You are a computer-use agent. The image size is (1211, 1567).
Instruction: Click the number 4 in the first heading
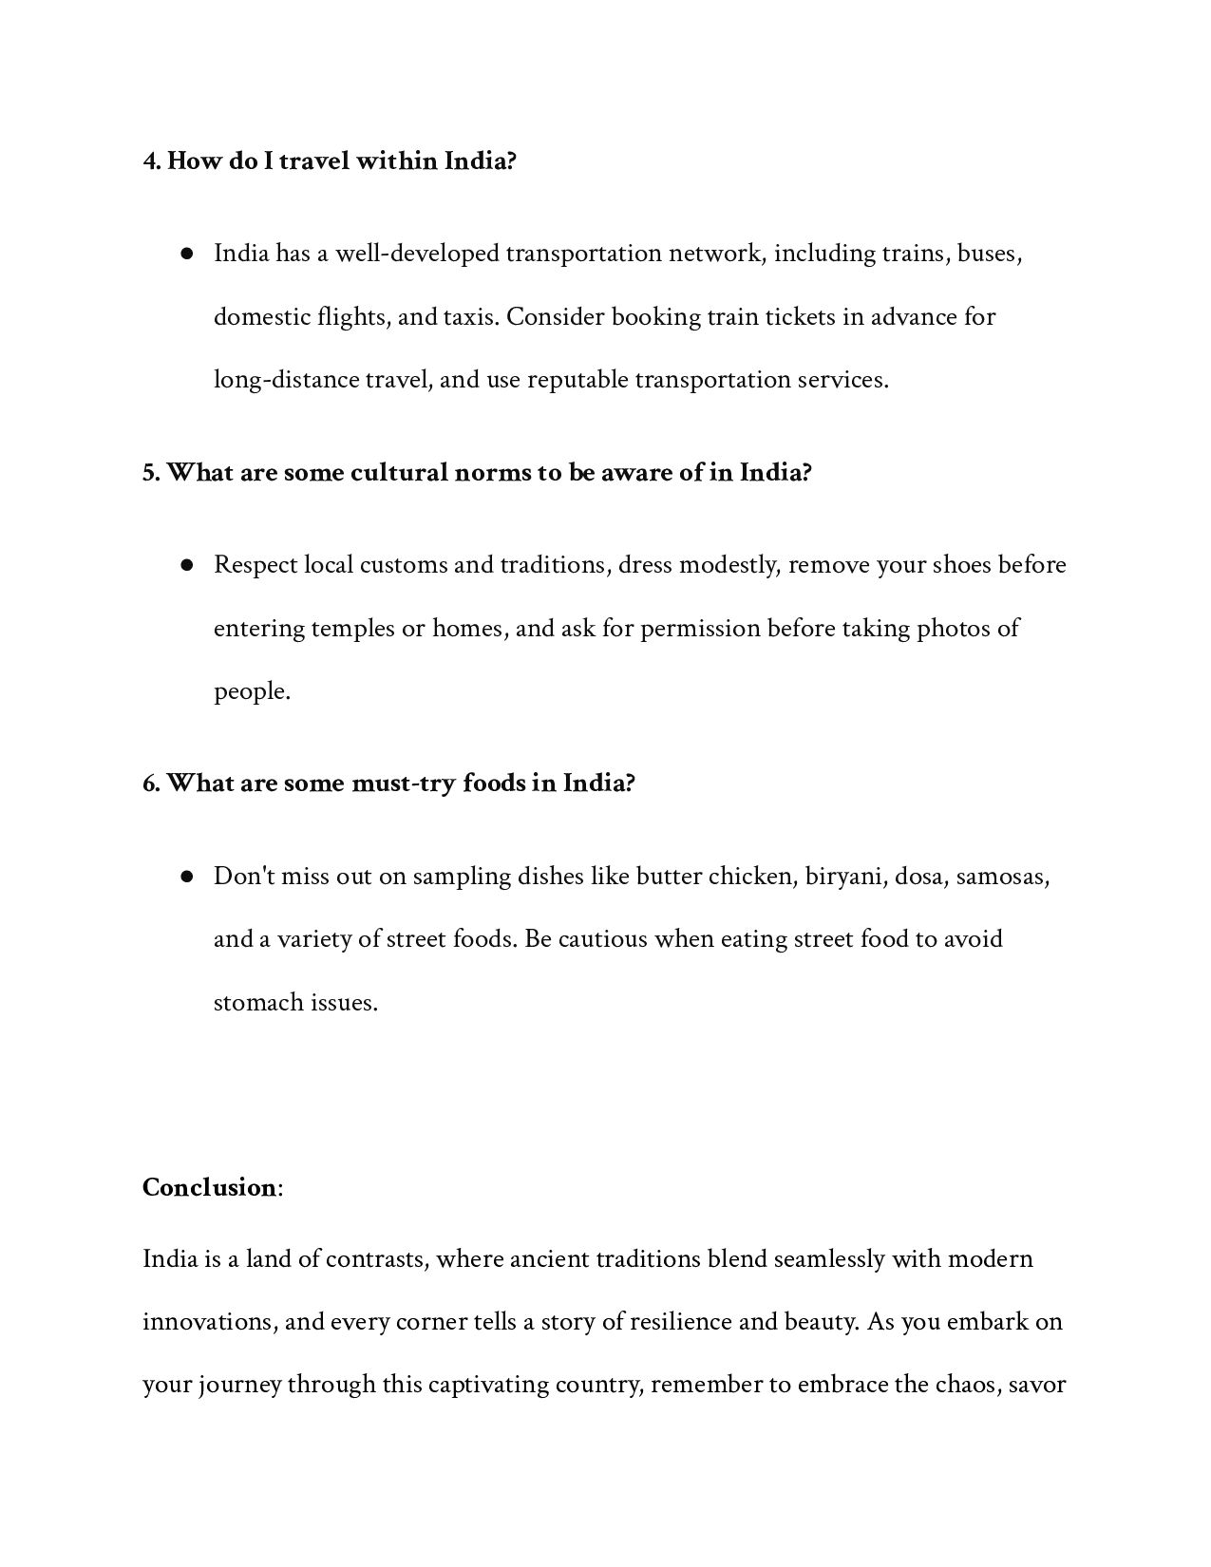[150, 161]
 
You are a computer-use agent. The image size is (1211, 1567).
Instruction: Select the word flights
[352, 316]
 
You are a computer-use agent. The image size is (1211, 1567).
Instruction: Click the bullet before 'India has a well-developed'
[187, 254]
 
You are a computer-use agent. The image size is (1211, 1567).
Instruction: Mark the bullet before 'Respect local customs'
[187, 565]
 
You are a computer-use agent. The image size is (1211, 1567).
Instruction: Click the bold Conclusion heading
[209, 1188]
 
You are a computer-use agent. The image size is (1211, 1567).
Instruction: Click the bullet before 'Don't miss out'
[187, 876]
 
